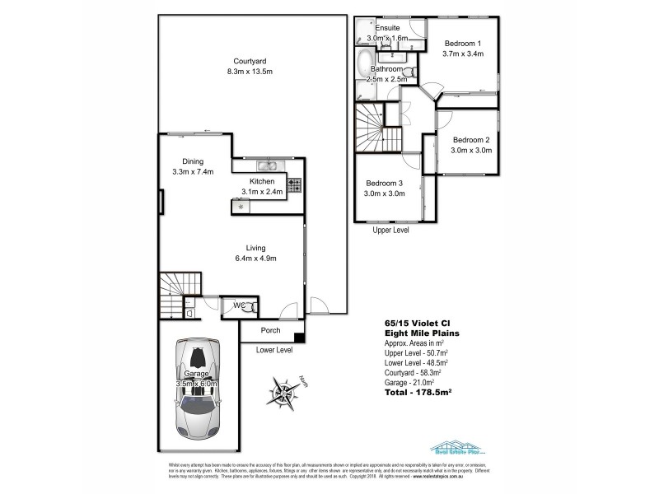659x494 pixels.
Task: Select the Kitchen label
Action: (262, 180)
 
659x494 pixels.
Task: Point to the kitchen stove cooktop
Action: (294, 183)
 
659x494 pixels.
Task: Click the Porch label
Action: (270, 331)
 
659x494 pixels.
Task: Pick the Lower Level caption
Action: (274, 350)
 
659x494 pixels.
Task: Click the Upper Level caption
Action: (391, 231)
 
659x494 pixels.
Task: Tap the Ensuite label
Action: (386, 28)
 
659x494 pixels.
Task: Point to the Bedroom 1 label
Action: (462, 44)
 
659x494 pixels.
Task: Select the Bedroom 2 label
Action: (470, 140)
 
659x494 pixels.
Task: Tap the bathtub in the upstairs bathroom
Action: (364, 63)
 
